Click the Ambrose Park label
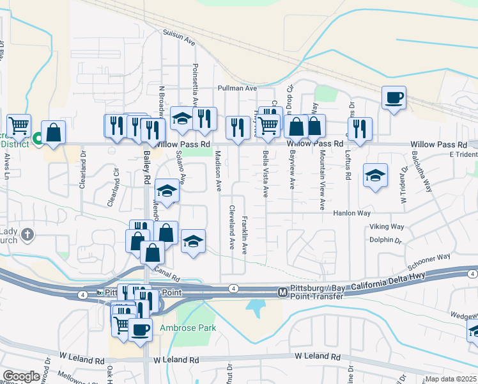coord(188,328)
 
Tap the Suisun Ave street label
coord(178,39)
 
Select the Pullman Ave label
coord(236,88)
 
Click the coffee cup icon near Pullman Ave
coord(394,99)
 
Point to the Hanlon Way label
coord(351,213)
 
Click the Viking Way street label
coord(387,227)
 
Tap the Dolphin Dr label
coord(385,240)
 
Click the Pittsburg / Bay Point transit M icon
coord(282,292)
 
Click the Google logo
coord(21,376)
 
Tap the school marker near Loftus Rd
coord(375,175)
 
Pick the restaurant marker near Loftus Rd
coord(360,128)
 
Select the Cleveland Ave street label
coord(232,227)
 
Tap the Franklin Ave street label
coord(244,236)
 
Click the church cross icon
coord(27,235)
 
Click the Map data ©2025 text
coord(451,379)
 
